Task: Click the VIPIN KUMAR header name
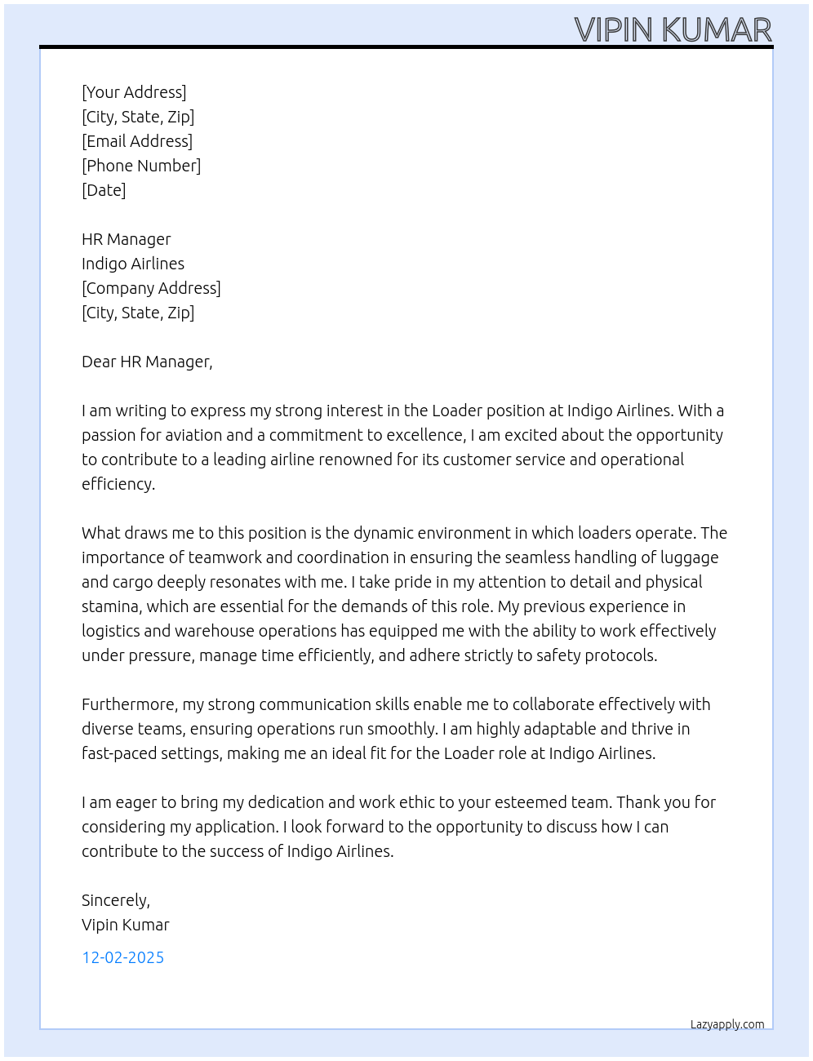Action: [673, 30]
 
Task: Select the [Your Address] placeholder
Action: [134, 92]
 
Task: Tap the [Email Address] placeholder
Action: [137, 141]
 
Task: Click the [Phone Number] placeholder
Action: [141, 166]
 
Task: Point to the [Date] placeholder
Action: [104, 190]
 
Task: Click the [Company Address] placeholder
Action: [151, 288]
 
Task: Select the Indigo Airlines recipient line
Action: [133, 264]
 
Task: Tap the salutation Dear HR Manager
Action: [147, 362]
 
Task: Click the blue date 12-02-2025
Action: [122, 957]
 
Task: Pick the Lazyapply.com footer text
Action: [727, 1024]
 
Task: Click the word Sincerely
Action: [115, 900]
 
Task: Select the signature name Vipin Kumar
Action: [126, 925]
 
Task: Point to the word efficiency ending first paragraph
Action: [118, 484]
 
